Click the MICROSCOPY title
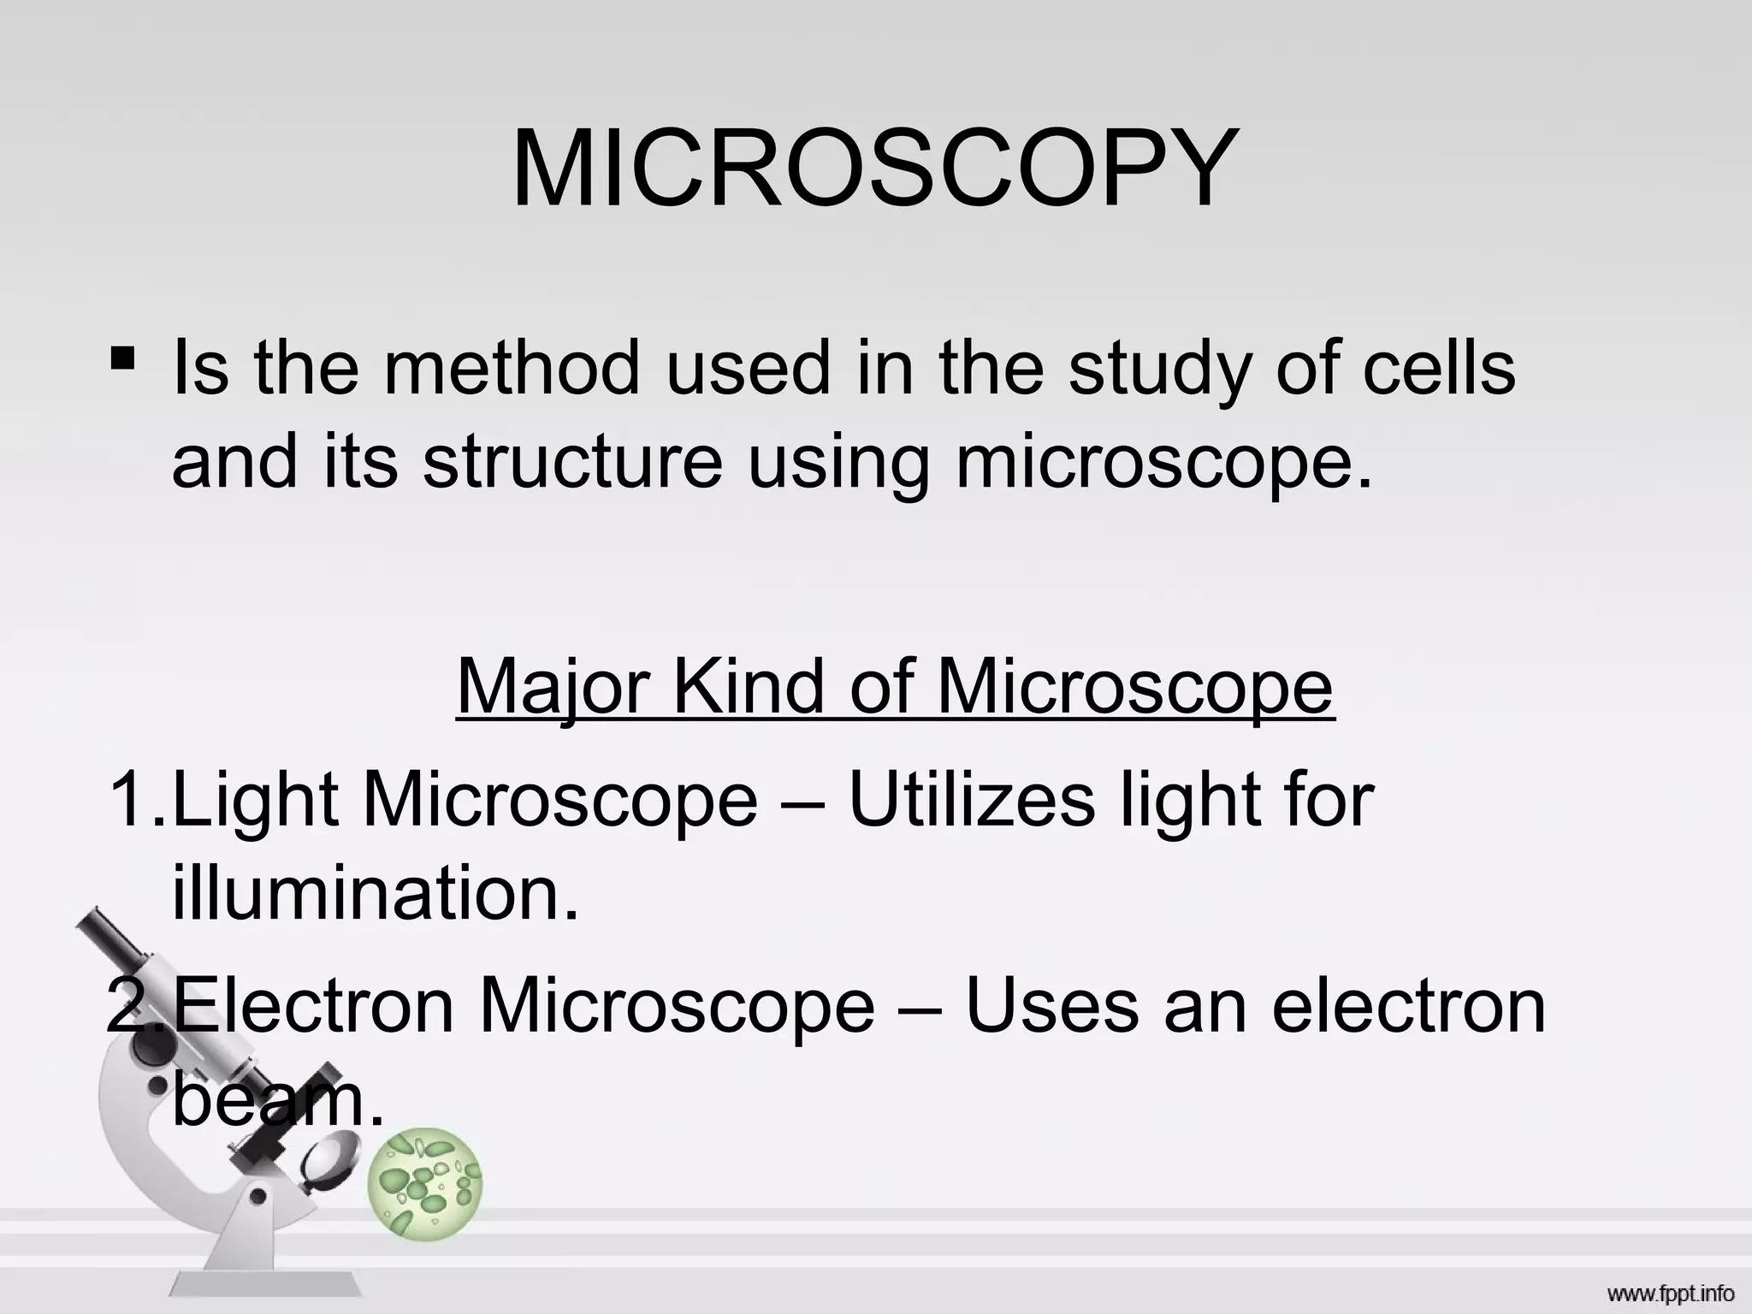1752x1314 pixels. [874, 169]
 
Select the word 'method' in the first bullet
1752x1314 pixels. [511, 368]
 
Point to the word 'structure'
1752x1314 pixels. [572, 462]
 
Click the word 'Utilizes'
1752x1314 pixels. [972, 800]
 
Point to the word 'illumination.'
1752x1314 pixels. [376, 894]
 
